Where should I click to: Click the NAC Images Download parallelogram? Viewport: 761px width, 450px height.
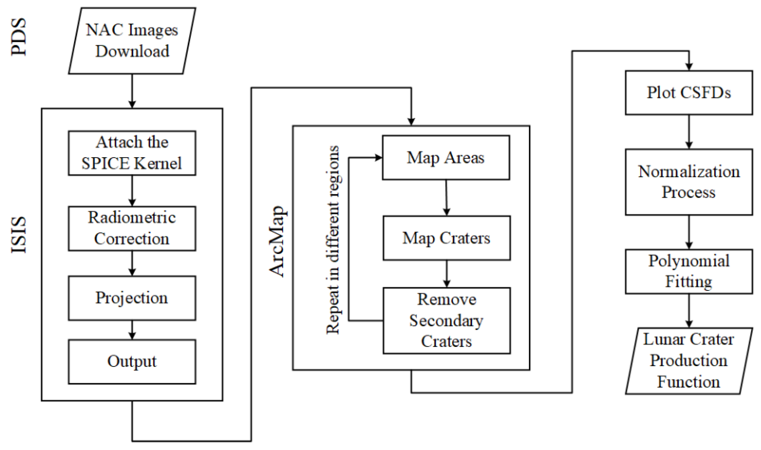coord(132,41)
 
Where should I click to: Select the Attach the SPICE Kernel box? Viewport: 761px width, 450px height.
coord(132,153)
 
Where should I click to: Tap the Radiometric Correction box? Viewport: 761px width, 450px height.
coord(132,228)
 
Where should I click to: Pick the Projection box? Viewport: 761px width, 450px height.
coord(132,298)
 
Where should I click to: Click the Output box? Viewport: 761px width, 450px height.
coord(132,361)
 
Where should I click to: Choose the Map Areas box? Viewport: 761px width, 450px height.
coord(446,158)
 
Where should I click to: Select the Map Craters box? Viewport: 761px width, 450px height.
coord(446,238)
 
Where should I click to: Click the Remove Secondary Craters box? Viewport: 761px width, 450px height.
coord(446,321)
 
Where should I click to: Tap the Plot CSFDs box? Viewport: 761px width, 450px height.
coord(689,93)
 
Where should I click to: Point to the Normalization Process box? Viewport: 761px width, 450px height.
coord(689,182)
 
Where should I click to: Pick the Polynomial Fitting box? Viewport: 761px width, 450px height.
coord(689,271)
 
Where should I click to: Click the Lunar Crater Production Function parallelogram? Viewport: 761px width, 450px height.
coord(689,361)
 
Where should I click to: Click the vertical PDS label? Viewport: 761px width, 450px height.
coord(19,37)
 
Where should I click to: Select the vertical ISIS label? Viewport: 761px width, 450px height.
coord(19,235)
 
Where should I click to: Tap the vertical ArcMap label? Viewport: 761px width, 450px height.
coord(277,241)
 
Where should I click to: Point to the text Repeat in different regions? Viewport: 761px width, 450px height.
coord(333,239)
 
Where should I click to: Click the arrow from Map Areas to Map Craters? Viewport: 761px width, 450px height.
coord(446,198)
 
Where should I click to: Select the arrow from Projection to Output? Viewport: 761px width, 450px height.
coord(132,330)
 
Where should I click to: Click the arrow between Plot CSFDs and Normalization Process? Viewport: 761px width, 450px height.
coord(689,132)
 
